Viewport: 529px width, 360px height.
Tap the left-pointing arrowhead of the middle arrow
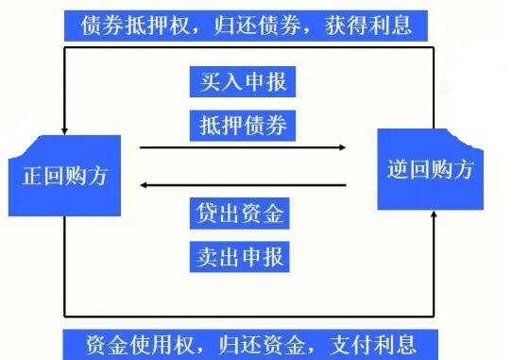pos(145,186)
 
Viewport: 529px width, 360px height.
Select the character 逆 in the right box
pos(398,171)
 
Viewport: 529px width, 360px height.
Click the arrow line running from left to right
pos(241,147)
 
